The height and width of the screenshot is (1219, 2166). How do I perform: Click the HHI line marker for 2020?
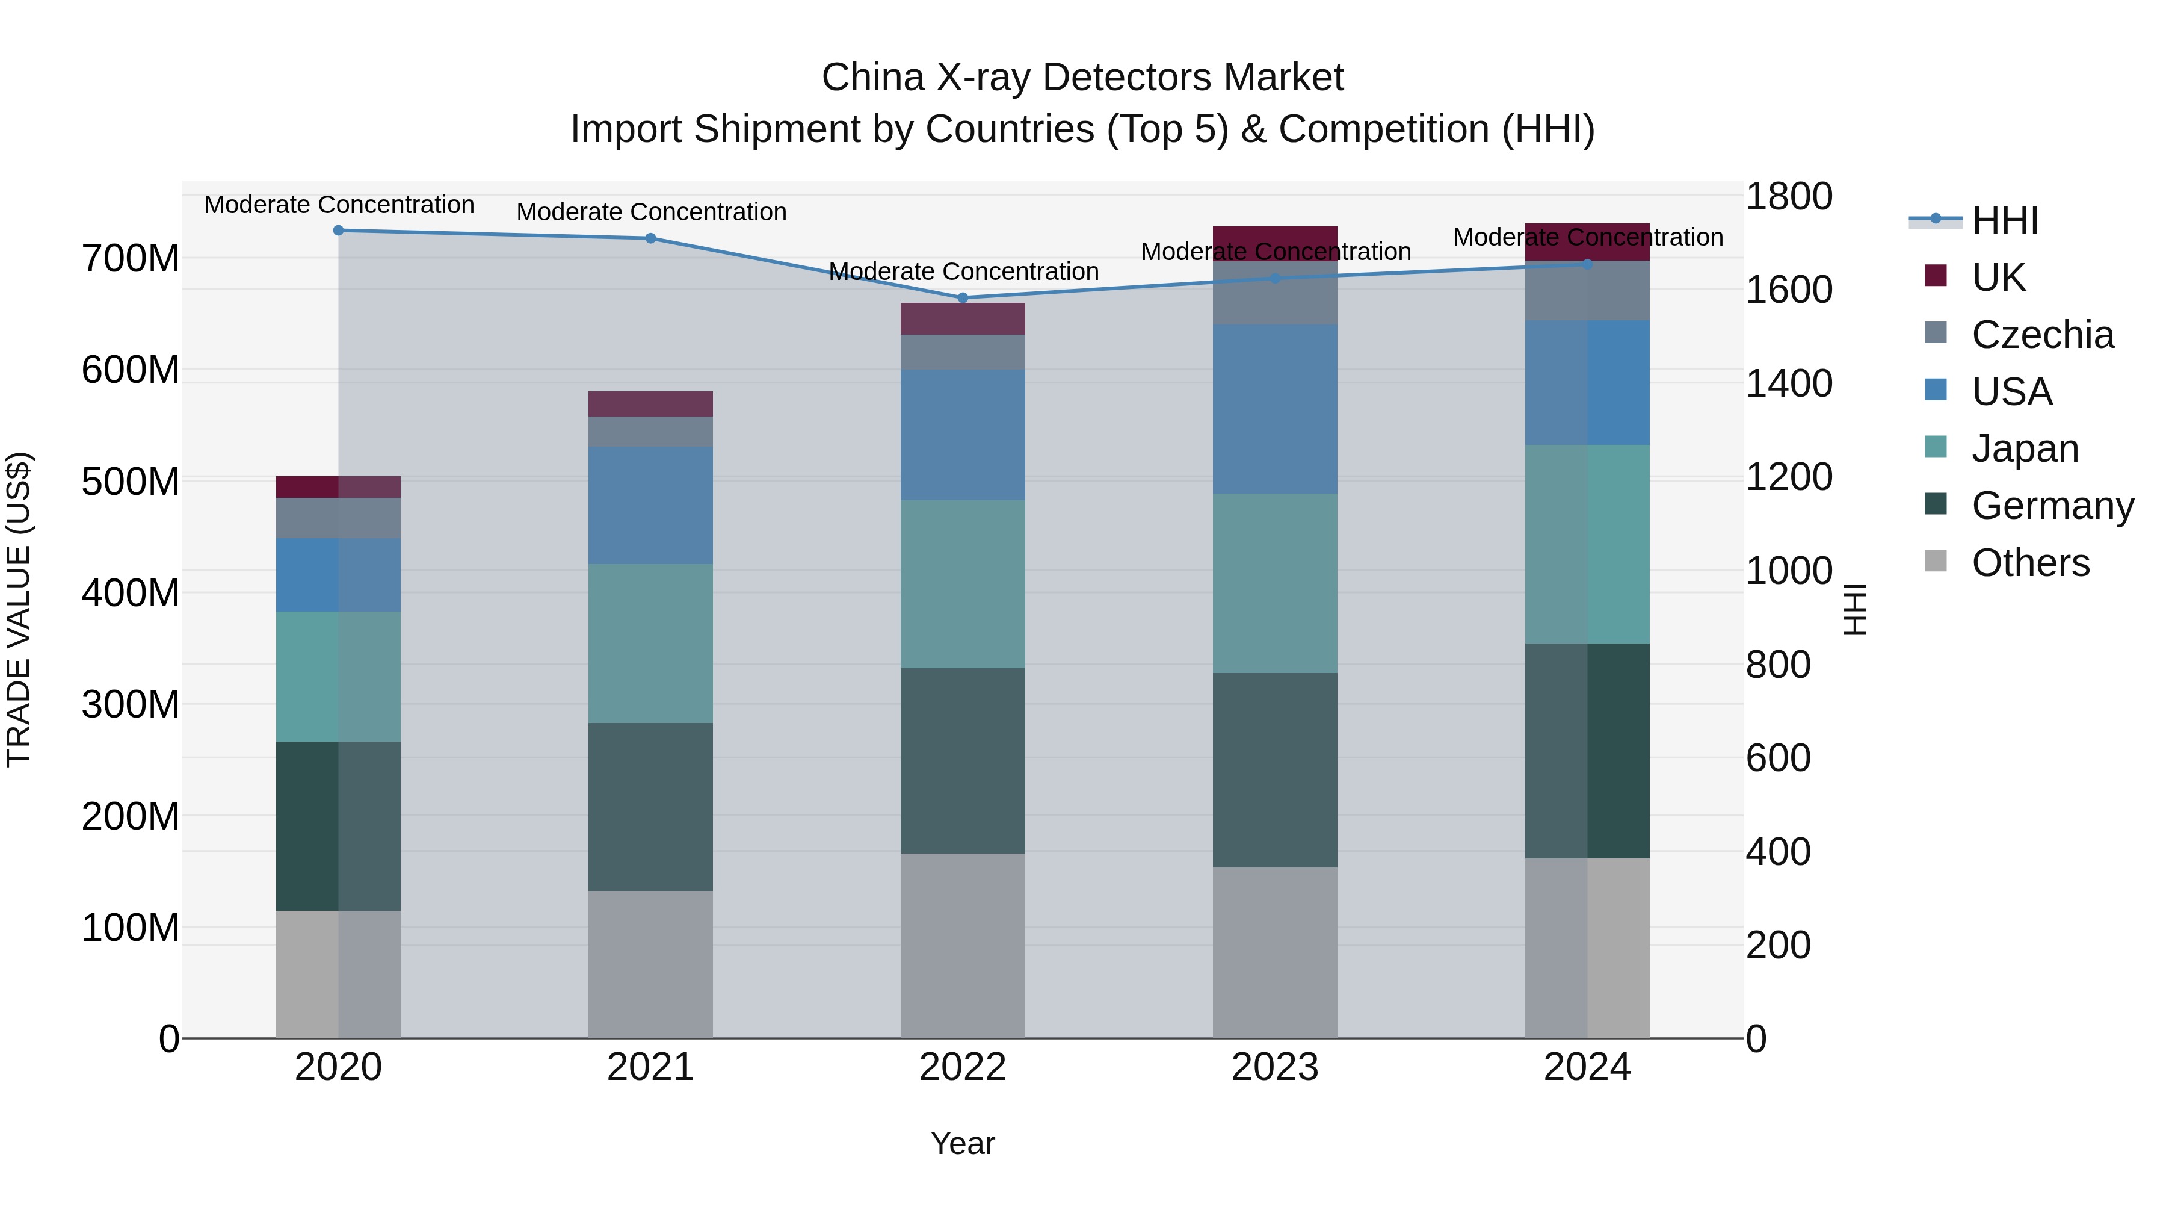(338, 230)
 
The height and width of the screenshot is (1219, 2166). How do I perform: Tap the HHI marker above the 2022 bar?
(963, 297)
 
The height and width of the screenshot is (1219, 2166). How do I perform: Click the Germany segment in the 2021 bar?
(650, 806)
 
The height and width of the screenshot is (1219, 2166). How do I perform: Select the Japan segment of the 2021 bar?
(650, 643)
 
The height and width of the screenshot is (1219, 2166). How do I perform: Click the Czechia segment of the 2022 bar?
(963, 352)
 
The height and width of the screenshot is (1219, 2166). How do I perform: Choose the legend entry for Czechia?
(2041, 335)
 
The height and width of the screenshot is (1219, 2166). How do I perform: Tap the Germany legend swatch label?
(2052, 506)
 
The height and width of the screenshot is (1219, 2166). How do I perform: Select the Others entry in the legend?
(2030, 563)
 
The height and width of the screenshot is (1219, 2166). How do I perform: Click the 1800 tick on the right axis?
(1789, 197)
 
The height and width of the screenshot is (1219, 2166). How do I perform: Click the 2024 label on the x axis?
(1587, 1067)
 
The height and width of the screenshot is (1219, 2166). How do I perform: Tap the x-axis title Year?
(962, 1143)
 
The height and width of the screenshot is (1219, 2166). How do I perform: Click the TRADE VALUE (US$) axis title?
(19, 609)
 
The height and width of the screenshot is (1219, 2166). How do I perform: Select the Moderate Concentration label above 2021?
(651, 212)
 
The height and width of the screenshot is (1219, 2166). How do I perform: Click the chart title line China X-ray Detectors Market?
(1082, 78)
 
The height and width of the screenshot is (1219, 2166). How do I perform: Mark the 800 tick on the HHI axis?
(1777, 665)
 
